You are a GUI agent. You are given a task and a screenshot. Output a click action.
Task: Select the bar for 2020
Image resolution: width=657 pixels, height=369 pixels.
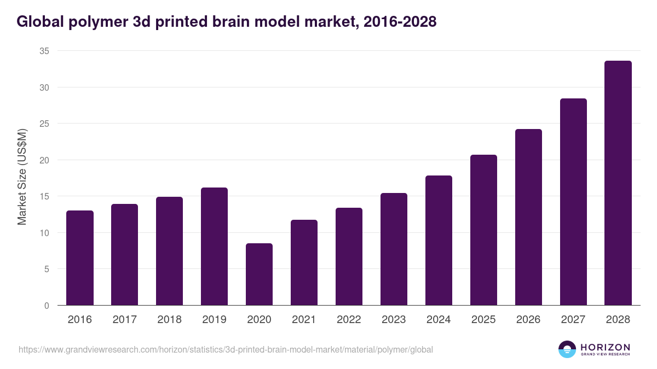click(x=259, y=274)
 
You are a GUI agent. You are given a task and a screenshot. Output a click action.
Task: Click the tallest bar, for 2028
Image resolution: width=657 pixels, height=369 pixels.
click(x=618, y=183)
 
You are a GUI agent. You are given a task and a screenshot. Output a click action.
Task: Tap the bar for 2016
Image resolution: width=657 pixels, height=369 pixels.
click(x=80, y=258)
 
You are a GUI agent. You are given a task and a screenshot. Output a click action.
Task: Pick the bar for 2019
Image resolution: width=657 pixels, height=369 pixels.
click(x=214, y=247)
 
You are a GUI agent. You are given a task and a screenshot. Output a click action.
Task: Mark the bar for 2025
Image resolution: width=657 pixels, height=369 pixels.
click(x=483, y=230)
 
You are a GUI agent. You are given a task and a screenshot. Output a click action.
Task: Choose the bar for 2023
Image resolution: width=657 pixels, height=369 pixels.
click(x=394, y=249)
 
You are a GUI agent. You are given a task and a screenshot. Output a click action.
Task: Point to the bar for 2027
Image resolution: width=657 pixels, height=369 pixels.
click(x=573, y=202)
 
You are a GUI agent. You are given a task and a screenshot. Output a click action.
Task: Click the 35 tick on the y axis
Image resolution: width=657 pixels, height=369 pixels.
click(x=44, y=51)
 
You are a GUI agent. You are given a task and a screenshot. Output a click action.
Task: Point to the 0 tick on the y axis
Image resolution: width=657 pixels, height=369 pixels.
click(x=47, y=306)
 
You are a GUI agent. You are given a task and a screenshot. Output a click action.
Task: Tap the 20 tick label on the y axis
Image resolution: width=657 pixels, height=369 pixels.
click(x=44, y=160)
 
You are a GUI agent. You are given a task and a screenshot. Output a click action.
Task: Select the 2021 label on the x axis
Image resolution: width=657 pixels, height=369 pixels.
click(x=304, y=320)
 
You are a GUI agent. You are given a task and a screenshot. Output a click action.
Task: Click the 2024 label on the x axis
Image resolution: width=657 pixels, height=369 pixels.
click(x=439, y=320)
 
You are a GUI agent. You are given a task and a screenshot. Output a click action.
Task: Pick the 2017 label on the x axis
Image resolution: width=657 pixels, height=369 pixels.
click(x=125, y=320)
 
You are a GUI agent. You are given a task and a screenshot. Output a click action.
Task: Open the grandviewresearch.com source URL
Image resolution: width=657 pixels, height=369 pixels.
click(x=226, y=349)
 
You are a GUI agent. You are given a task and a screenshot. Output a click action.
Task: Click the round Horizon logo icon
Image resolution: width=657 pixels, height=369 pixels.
click(x=567, y=349)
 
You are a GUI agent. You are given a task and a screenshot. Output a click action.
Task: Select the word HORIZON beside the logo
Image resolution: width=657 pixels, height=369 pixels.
click(x=605, y=347)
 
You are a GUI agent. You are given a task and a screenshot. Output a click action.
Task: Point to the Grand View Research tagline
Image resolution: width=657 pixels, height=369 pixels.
click(x=605, y=355)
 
